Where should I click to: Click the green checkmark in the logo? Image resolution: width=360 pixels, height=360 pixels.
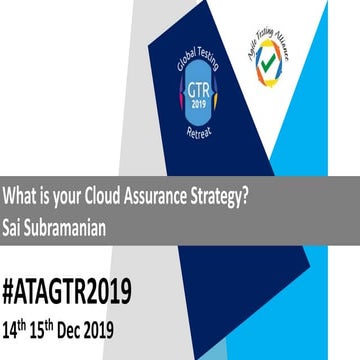(272, 68)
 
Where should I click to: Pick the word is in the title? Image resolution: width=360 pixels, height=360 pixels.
(46, 195)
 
